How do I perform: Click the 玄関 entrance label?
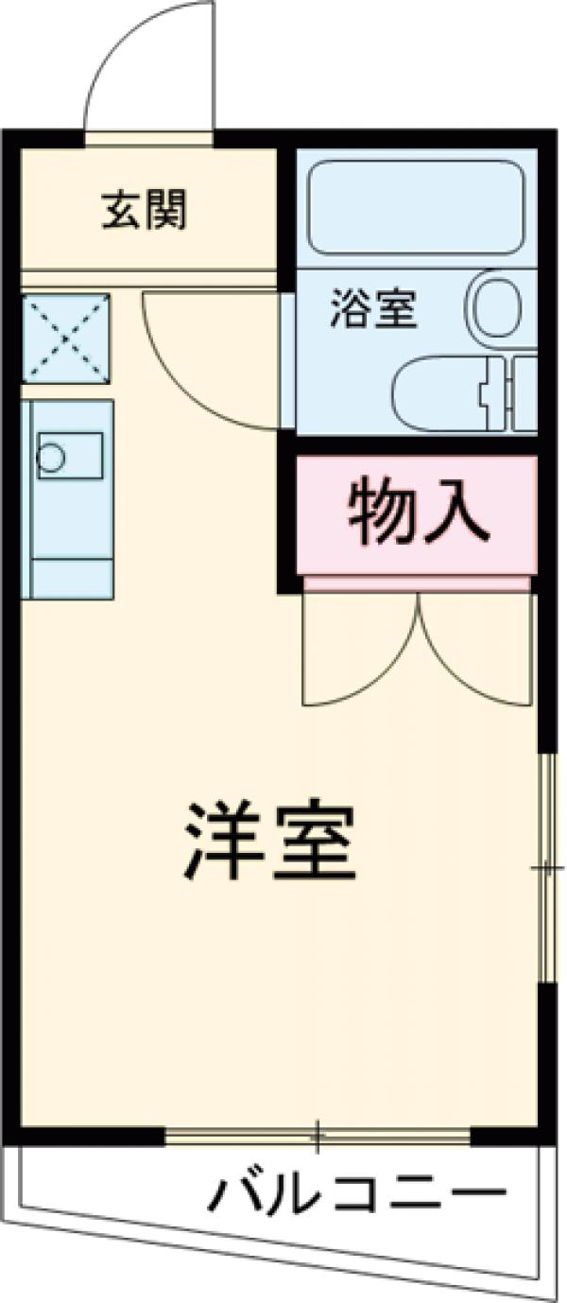point(145,210)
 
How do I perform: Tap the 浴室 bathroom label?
point(373,309)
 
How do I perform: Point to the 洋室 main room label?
point(270,841)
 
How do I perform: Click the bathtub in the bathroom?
point(416,207)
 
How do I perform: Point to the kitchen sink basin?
point(69,455)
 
